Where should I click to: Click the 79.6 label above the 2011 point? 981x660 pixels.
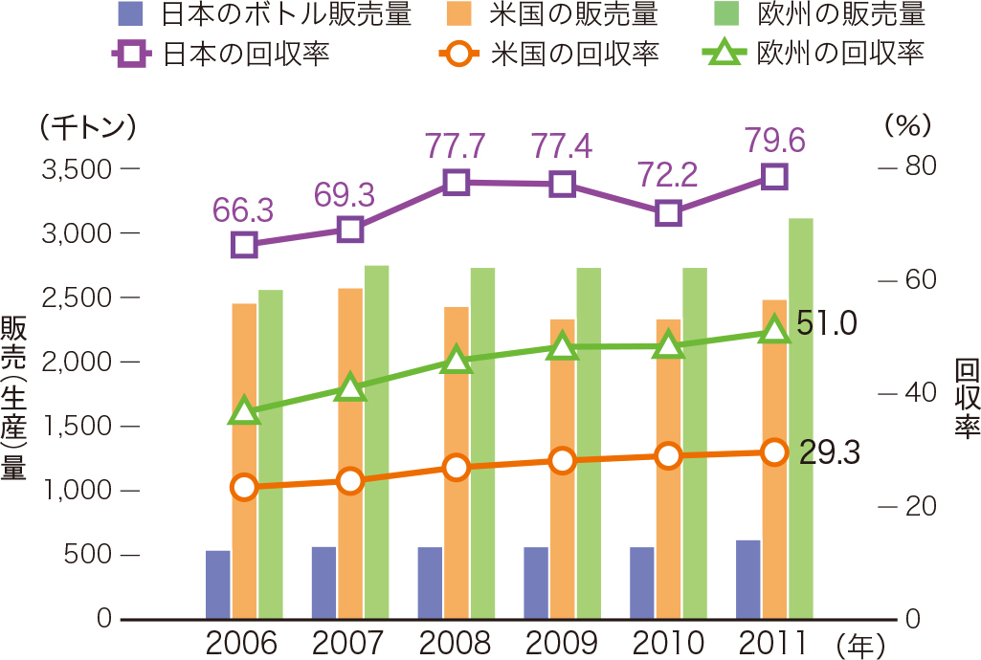(x=774, y=142)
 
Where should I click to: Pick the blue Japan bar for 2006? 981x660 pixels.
(x=218, y=584)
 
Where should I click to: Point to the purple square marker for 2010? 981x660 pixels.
(x=668, y=212)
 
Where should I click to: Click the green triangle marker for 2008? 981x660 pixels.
(x=457, y=361)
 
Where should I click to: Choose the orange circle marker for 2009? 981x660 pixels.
(x=563, y=461)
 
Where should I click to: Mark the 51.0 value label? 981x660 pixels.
(x=826, y=325)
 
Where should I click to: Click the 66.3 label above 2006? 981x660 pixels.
(x=245, y=208)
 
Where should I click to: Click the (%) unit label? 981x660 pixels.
(x=906, y=125)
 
